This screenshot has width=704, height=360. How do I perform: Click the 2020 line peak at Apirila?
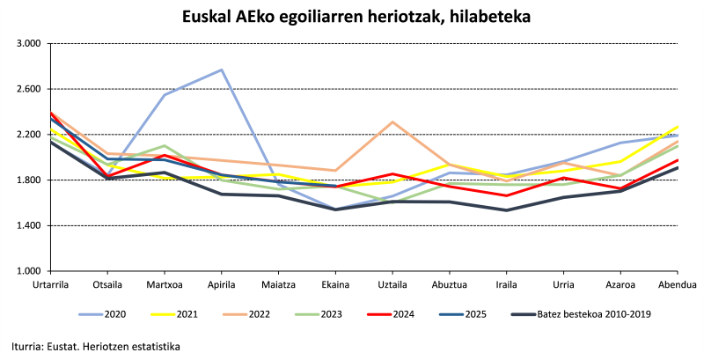(222, 70)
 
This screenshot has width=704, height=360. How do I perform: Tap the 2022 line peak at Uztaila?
(393, 121)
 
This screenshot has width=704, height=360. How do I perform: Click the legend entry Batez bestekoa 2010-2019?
(574, 314)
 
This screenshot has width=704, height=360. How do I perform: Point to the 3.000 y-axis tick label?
(29, 43)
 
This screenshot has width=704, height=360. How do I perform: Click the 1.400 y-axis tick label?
(29, 225)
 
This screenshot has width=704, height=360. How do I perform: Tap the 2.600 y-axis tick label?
(29, 89)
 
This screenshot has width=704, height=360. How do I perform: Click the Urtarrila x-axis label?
(51, 284)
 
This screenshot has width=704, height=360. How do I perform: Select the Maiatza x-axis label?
(279, 284)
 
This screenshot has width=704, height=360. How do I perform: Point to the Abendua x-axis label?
(678, 284)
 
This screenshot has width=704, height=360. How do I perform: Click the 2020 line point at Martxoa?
(165, 95)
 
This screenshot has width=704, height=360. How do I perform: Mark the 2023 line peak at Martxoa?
(165, 146)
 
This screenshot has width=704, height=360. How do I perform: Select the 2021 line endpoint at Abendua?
(678, 127)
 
